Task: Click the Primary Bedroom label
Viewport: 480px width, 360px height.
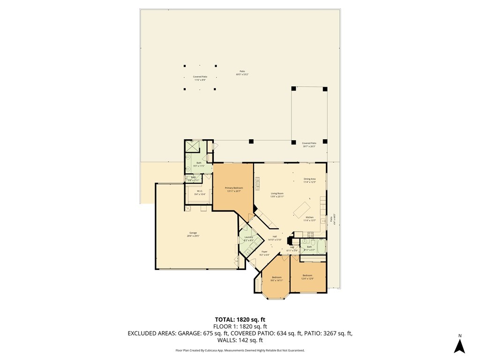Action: [x=233, y=189]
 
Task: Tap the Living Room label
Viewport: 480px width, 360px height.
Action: [x=277, y=195]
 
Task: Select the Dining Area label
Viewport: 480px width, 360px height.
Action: [x=309, y=180]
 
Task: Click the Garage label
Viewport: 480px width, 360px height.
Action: [x=193, y=234]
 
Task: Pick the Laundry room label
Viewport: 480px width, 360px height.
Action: [x=248, y=239]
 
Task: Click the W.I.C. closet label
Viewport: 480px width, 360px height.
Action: [x=199, y=192]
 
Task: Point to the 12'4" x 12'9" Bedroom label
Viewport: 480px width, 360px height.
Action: [x=307, y=277]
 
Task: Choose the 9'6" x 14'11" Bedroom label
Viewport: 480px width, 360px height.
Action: [x=277, y=279]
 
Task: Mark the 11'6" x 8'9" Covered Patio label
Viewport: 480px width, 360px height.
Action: [x=200, y=78]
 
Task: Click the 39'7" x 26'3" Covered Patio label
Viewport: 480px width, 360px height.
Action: [x=309, y=144]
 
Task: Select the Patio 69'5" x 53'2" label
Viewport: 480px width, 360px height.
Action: [x=242, y=73]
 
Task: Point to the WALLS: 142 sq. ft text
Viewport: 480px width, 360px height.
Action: [x=240, y=340]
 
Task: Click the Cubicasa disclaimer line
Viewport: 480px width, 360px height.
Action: [x=240, y=350]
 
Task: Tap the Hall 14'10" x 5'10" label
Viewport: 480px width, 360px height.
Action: [x=275, y=238]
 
